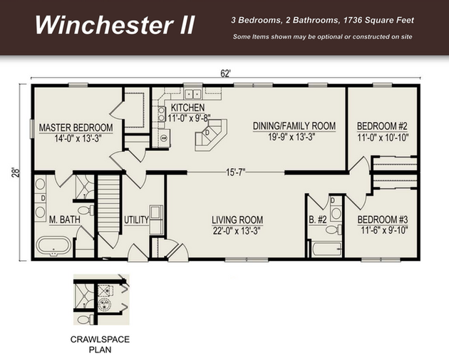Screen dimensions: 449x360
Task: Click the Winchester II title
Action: click(x=115, y=25)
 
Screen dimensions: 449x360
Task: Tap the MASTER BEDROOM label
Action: click(x=76, y=128)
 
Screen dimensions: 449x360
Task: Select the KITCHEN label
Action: click(x=188, y=108)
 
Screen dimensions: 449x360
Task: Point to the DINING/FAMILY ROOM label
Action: click(x=294, y=126)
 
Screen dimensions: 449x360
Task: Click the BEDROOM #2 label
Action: click(x=382, y=126)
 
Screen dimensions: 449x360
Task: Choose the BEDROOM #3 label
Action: click(x=383, y=220)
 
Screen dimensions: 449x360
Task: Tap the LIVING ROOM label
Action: click(x=237, y=220)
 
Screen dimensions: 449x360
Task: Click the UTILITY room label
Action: click(x=136, y=220)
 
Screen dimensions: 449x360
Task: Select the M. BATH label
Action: click(x=65, y=220)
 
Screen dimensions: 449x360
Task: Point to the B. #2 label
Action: click(x=318, y=220)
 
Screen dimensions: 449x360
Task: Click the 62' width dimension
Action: click(x=225, y=73)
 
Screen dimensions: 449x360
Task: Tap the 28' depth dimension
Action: click(x=16, y=173)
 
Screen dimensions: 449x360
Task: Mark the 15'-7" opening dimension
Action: click(x=235, y=173)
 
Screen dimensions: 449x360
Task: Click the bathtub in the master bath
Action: click(x=53, y=247)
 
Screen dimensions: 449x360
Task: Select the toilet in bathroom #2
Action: click(x=334, y=230)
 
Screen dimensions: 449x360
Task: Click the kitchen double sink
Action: click(x=192, y=94)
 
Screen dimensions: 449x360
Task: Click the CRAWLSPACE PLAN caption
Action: click(x=100, y=344)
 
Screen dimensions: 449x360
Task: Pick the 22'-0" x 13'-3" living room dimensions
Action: click(x=237, y=230)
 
